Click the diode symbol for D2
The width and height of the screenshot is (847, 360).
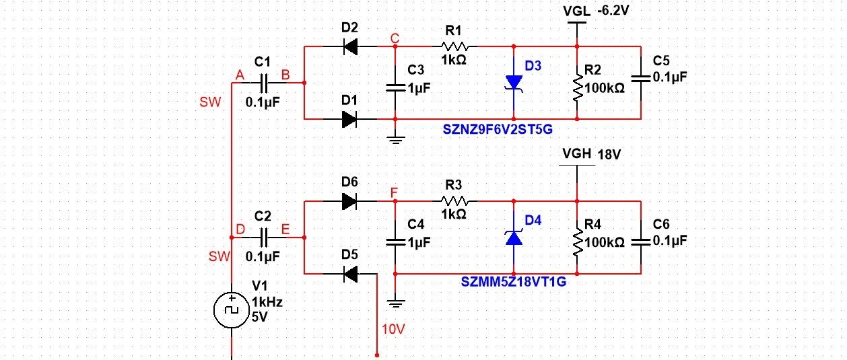(350, 46)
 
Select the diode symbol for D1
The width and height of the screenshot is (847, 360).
(349, 119)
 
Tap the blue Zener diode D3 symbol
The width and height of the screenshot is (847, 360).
(514, 83)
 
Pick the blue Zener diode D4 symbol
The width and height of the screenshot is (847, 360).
(514, 238)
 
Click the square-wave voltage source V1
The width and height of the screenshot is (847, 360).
(232, 310)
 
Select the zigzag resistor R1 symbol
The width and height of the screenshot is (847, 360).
(455, 46)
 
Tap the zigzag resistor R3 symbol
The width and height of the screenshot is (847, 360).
(455, 201)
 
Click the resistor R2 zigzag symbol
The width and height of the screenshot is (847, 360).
(578, 87)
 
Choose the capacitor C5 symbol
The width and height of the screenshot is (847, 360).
(641, 79)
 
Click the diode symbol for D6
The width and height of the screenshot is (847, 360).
(349, 201)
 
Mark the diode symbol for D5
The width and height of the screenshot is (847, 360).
(350, 274)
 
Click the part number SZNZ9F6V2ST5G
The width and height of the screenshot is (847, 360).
(498, 130)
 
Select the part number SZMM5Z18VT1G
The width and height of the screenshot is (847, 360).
(514, 282)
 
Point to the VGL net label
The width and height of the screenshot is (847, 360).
(576, 11)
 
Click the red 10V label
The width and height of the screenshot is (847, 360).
(393, 330)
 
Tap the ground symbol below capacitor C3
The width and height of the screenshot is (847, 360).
(395, 140)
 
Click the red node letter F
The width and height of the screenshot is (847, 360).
(394, 192)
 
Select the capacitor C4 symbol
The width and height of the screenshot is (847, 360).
(395, 242)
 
